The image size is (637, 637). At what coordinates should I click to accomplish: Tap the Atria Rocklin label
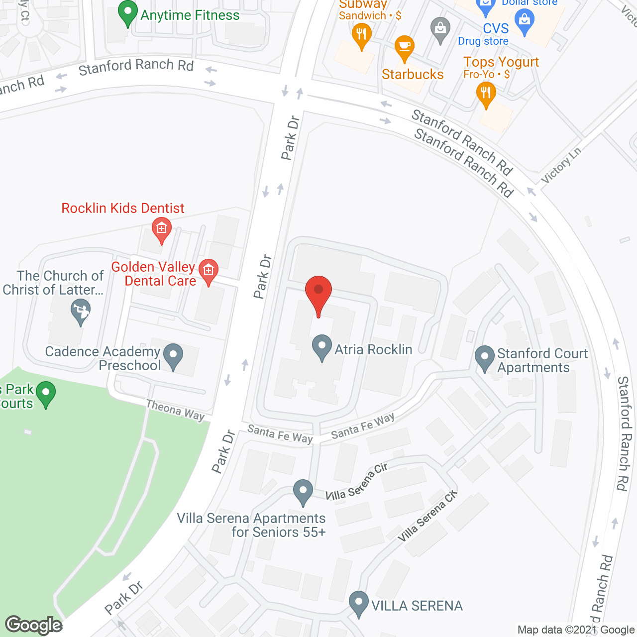coord(373,350)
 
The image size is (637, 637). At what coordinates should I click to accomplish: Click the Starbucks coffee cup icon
coord(404,47)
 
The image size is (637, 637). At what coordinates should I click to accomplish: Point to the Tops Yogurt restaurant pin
coord(486,94)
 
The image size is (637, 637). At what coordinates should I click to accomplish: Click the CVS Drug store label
coord(484,34)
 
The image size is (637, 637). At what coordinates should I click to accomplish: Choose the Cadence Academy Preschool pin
coord(173,357)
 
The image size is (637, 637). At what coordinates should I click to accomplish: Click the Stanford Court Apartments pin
coord(485,358)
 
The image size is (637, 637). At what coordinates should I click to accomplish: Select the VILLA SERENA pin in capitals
coord(359,603)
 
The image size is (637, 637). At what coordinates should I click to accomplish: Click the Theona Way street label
coord(175,411)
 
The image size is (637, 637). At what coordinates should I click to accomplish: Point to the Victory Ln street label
coord(561,166)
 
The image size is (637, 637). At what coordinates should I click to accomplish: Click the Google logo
coord(34,625)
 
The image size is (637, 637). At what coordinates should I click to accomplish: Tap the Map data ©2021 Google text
coord(576,630)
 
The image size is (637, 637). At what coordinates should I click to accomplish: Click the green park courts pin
coord(46,394)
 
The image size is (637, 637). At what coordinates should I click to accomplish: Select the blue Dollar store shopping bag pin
coord(525,21)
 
